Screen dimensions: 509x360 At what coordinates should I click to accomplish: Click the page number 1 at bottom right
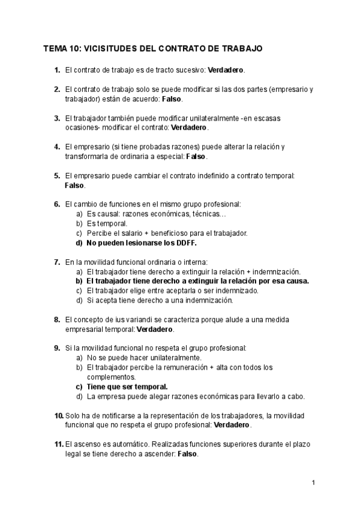[313, 483]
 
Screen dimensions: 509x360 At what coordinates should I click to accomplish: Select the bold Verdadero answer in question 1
[226, 70]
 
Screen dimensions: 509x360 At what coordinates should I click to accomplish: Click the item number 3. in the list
[57, 118]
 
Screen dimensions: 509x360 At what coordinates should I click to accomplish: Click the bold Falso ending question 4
[196, 157]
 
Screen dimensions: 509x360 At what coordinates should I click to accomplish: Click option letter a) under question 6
[80, 214]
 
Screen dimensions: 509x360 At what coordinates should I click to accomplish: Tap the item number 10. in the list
[58, 416]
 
